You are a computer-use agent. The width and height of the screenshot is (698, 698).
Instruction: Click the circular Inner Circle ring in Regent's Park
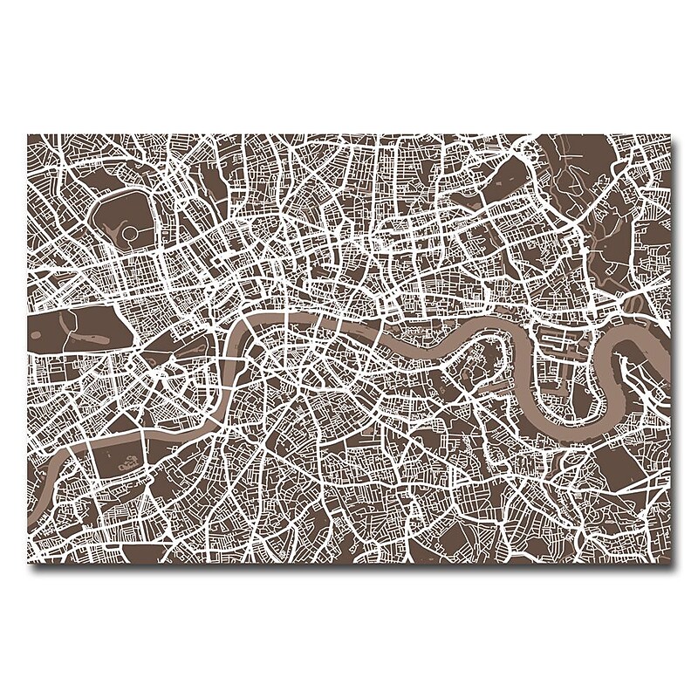[132, 233]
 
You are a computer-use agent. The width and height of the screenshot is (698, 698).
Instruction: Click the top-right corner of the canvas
[671, 136]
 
